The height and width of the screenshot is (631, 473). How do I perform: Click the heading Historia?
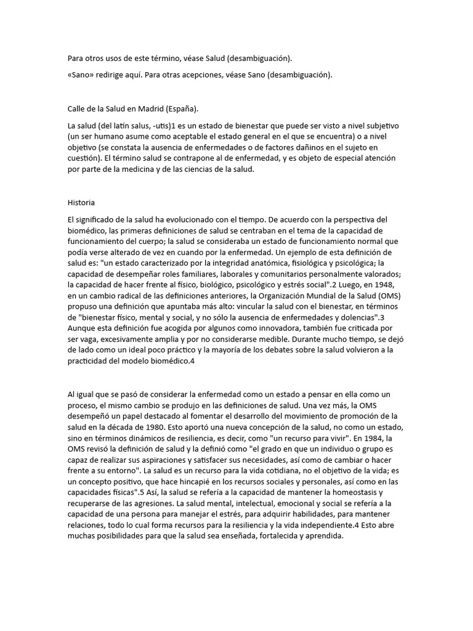click(81, 202)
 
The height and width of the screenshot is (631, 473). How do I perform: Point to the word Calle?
click(77, 109)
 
